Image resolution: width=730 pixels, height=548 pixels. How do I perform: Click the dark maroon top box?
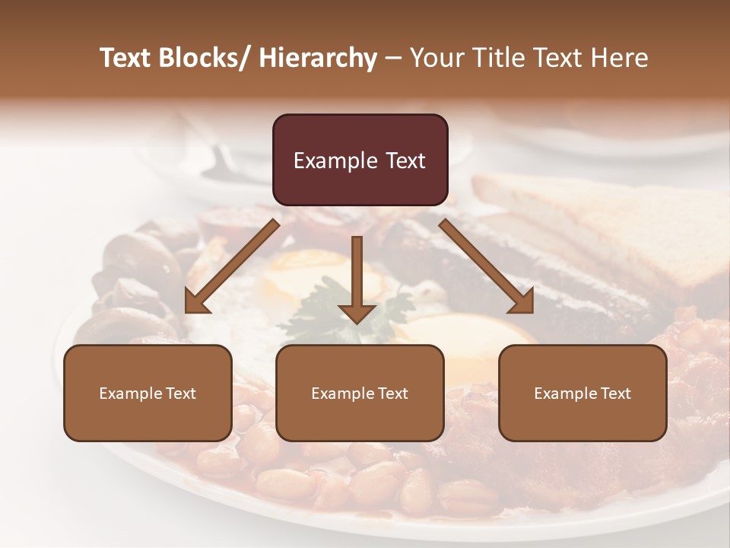pos(360,160)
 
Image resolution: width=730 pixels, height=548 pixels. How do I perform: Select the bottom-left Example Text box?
pos(148,393)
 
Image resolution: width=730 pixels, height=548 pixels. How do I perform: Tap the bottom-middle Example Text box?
pos(360,393)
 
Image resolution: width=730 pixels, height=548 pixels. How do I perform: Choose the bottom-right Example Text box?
pos(582,393)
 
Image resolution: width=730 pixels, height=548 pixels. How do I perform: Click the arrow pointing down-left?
pos(232,266)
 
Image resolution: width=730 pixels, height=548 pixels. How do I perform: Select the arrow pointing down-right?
pos(487,266)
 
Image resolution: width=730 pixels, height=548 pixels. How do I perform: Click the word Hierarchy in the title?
pos(318,58)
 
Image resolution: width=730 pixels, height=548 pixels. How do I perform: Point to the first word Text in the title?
pos(125,58)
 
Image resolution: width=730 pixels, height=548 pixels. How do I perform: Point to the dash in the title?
pos(394,59)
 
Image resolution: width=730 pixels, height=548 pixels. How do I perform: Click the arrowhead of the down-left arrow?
pos(196,301)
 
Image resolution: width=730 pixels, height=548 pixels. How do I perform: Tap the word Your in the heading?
pos(435,58)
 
